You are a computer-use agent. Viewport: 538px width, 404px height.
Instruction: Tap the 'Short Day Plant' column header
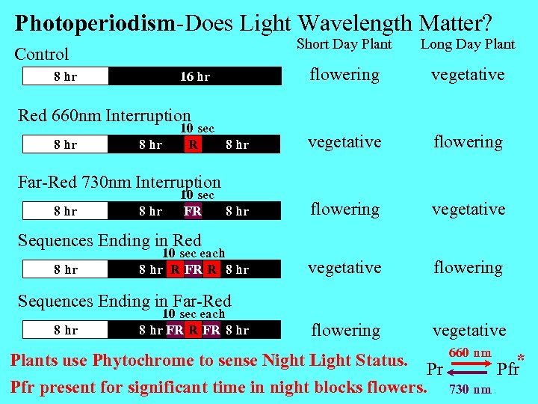[344, 44]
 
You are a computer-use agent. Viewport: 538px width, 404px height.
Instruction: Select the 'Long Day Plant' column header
[468, 44]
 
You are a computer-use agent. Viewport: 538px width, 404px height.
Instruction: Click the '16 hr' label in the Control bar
[195, 76]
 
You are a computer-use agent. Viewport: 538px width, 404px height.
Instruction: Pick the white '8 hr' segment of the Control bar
[66, 76]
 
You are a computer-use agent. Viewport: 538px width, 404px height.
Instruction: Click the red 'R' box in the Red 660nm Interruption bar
[193, 144]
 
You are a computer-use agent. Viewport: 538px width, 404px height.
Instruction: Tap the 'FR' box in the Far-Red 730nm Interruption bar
[193, 211]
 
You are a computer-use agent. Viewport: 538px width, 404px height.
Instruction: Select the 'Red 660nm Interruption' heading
[104, 115]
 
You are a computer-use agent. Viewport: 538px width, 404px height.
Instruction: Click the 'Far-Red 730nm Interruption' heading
[119, 182]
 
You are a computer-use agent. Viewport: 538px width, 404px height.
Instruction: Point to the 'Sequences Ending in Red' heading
[109, 240]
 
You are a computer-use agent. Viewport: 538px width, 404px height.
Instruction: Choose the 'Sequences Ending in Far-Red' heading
[124, 301]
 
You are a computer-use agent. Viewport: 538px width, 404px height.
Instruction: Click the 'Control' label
[42, 54]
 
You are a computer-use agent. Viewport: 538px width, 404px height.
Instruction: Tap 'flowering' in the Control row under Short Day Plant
[344, 75]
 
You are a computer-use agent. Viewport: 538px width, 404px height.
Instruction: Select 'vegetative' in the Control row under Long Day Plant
[469, 75]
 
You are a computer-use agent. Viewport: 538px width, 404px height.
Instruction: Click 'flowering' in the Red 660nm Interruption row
[469, 142]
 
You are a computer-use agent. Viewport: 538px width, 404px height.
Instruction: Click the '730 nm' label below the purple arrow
[470, 389]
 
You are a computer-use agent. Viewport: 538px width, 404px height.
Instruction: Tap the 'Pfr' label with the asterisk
[508, 369]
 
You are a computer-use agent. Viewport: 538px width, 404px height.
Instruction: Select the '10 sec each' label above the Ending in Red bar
[194, 253]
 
